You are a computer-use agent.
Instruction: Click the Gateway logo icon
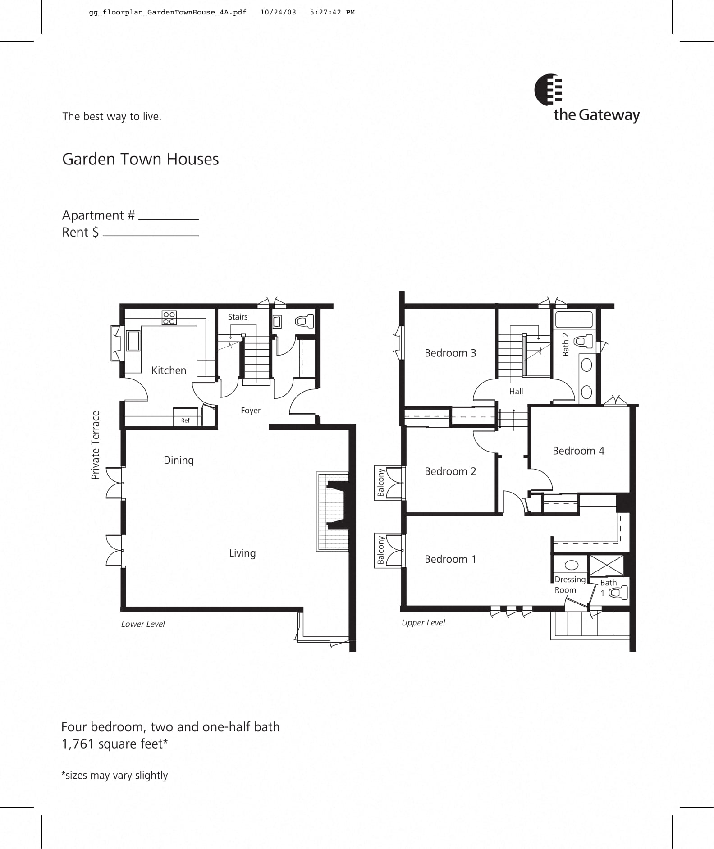(548, 90)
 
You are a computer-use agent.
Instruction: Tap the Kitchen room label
(169, 370)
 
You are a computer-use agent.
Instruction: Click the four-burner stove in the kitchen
(169, 318)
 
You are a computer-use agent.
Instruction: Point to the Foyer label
(251, 411)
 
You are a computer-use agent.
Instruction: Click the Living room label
(242, 553)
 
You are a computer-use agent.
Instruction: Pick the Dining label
(178, 460)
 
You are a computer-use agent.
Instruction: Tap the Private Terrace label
(95, 445)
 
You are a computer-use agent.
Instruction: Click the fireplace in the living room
(334, 511)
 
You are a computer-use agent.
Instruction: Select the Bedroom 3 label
(450, 353)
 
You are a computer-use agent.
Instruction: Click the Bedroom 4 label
(578, 451)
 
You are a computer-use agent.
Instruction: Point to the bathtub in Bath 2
(574, 320)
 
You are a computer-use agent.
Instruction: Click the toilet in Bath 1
(619, 593)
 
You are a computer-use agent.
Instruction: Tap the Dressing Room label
(569, 584)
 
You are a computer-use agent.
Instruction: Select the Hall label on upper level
(516, 391)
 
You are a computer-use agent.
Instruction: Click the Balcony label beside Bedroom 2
(381, 483)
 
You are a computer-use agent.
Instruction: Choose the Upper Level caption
(423, 622)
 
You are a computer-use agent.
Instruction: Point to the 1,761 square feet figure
(114, 744)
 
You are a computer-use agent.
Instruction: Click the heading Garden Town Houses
(140, 159)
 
